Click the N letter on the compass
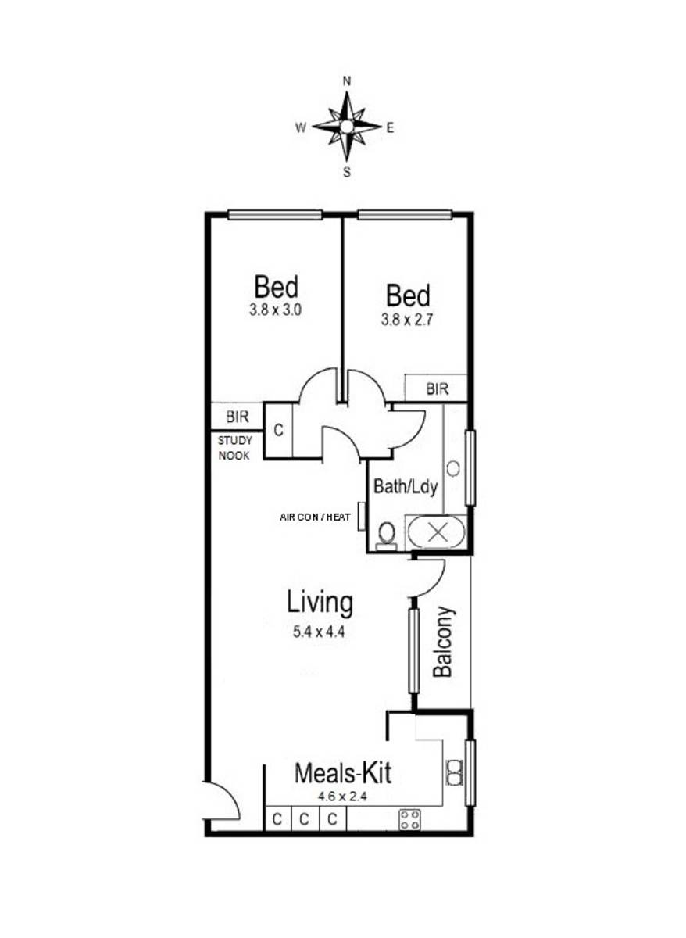point(347,81)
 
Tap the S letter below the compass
point(347,172)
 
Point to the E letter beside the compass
point(390,128)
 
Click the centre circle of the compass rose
point(346,127)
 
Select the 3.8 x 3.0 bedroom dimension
point(275,310)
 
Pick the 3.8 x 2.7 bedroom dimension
point(407,320)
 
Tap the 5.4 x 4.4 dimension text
point(319,632)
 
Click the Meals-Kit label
point(343,773)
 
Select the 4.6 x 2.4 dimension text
point(342,796)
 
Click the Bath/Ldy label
point(406,487)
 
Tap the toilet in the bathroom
point(386,536)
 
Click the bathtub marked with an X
point(437,532)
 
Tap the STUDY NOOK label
point(235,448)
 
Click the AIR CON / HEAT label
point(315,517)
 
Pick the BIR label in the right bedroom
point(437,389)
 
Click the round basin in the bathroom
point(453,468)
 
